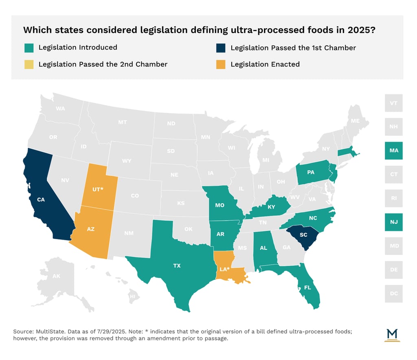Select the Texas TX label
[177, 266]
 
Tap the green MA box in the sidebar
[394, 151]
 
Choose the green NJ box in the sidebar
[394, 222]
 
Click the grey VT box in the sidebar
[394, 103]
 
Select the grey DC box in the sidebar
[394, 293]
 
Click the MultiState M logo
[393, 334]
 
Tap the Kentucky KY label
[271, 207]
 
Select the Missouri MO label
[220, 205]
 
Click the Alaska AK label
[56, 277]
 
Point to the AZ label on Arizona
[91, 229]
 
